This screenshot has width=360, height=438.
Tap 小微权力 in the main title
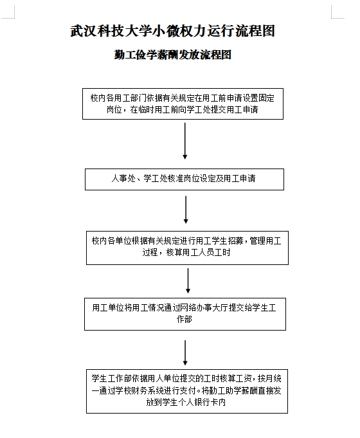[x=179, y=31]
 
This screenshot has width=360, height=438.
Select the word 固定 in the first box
[x=267, y=98]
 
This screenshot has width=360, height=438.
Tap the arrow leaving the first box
[x=185, y=141]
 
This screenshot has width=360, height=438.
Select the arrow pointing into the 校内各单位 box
[x=186, y=210]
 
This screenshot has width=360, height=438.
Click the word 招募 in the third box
[x=236, y=241]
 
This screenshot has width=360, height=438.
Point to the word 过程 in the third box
[x=150, y=253]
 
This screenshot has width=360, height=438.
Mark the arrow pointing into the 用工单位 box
[x=188, y=280]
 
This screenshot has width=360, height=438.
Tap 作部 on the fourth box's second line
[x=184, y=319]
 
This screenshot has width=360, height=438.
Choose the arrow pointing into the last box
[x=185, y=353]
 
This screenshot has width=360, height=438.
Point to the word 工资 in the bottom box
[x=244, y=378]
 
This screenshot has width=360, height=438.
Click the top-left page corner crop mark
[x=14, y=18]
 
